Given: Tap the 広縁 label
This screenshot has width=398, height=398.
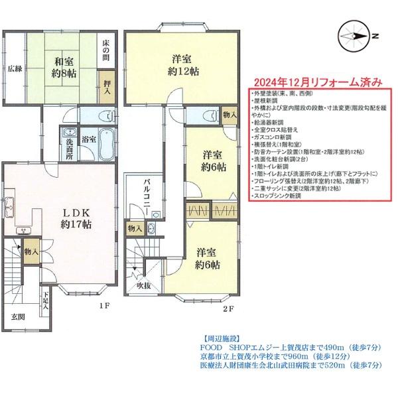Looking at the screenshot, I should pyautogui.click(x=15, y=68).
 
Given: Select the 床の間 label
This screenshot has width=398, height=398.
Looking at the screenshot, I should pyautogui.click(x=106, y=50).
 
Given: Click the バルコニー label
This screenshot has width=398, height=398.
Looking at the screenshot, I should pyautogui.click(x=147, y=197).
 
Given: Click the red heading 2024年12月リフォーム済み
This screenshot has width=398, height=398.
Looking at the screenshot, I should pyautogui.click(x=315, y=83).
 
